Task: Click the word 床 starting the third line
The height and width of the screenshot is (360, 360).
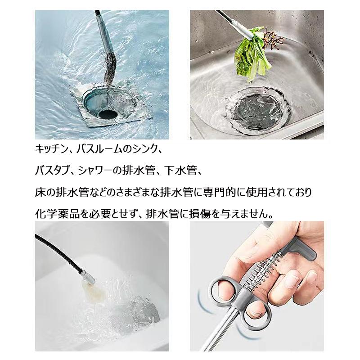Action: click(x=40, y=193)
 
